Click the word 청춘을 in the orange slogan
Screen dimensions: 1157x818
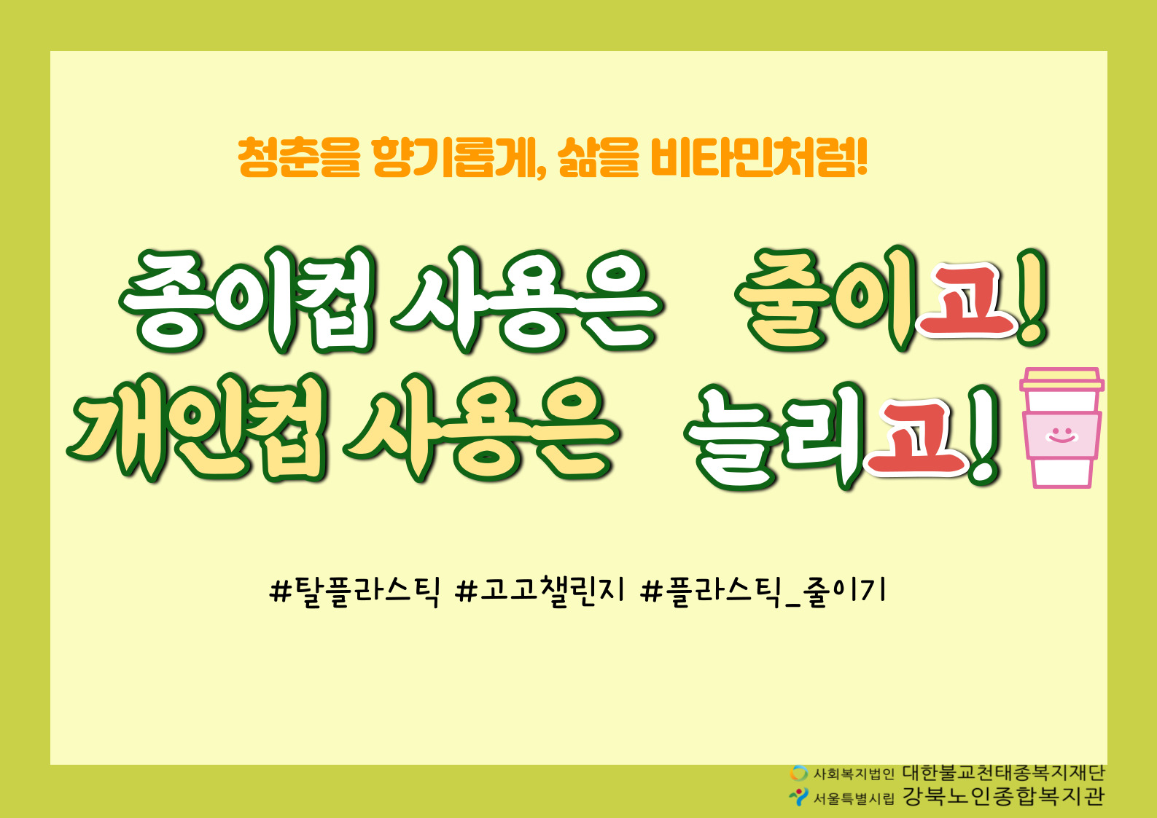tap(299, 157)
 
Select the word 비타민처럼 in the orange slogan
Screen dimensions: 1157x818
tap(758, 157)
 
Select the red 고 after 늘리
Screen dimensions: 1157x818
tap(917, 438)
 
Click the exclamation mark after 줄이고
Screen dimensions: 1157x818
tap(1032, 297)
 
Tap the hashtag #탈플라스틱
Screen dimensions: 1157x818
tap(354, 591)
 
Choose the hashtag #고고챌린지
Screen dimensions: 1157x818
tap(539, 591)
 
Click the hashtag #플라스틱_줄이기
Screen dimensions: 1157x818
tap(763, 591)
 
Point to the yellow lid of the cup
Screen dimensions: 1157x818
tap(1062, 379)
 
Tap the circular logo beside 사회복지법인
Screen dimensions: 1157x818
tap(798, 773)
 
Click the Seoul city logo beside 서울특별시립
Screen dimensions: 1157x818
tap(798, 796)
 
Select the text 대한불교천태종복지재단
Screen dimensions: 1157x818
tap(1003, 773)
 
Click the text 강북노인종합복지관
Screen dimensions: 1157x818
tap(1003, 796)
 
